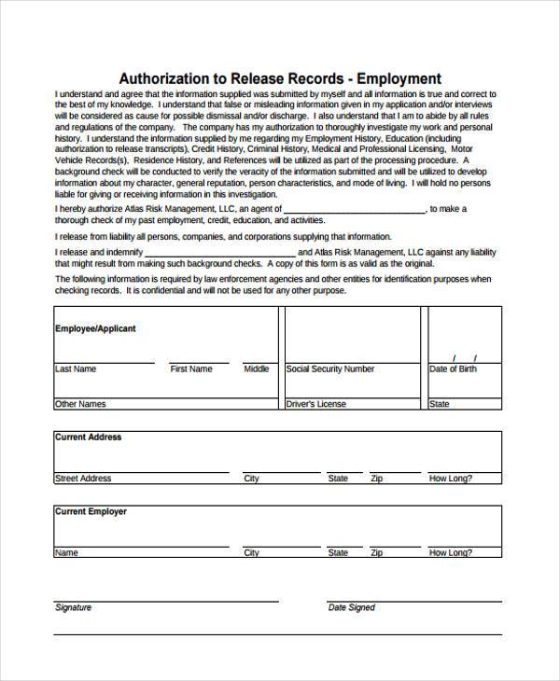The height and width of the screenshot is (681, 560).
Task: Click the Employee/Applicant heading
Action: [95, 329]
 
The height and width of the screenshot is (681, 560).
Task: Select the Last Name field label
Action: [76, 369]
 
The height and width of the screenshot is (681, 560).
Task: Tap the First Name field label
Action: [190, 369]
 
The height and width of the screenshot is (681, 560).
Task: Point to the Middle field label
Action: [257, 369]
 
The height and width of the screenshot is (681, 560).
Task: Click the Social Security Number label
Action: [329, 369]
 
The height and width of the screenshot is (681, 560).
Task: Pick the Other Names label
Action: [80, 404]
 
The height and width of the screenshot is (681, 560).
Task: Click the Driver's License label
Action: [315, 404]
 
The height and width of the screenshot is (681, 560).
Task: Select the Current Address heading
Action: [89, 437]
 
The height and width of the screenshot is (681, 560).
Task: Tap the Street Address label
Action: [83, 479]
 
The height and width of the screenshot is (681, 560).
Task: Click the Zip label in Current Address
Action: [376, 479]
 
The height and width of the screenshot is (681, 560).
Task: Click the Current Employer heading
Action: [91, 511]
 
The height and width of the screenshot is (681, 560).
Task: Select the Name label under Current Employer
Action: [66, 553]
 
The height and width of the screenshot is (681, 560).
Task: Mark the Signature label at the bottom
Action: [74, 607]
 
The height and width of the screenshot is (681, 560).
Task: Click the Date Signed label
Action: [351, 607]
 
